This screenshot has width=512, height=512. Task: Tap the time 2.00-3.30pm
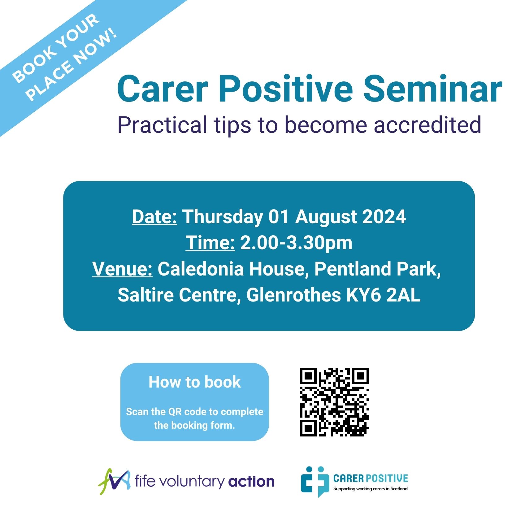click(296, 243)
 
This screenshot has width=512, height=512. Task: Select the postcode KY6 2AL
click(383, 295)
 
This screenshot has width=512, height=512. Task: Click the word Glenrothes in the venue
click(293, 295)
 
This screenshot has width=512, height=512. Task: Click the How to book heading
click(194, 382)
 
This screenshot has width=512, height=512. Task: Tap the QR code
click(334, 402)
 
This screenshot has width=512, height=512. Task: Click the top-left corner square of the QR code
click(308, 376)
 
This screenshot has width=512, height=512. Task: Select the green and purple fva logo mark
click(114, 482)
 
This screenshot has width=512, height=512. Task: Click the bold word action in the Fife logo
click(251, 482)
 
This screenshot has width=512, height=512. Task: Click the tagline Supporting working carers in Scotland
click(370, 489)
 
